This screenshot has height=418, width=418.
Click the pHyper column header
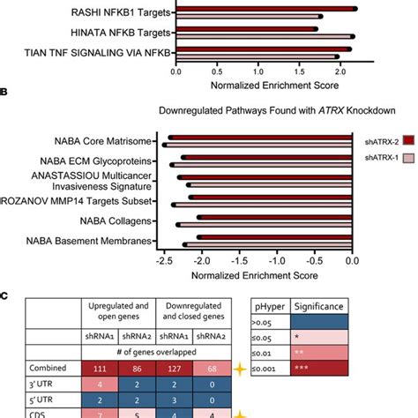[272, 304]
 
